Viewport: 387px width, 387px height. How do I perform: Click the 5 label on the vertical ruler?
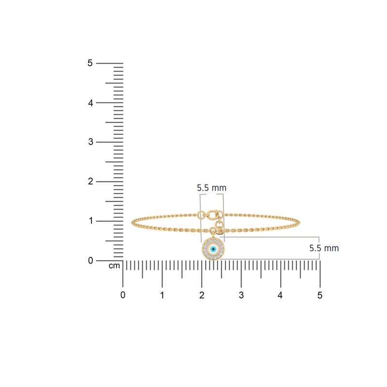click(89, 63)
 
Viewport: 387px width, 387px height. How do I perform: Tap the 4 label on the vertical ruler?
click(89, 103)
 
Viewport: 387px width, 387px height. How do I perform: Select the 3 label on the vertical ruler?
click(89, 142)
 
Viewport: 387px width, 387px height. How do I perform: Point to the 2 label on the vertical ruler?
click(89, 181)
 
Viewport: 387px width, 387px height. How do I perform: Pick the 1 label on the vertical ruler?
click(89, 221)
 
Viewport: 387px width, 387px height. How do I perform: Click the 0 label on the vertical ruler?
click(89, 260)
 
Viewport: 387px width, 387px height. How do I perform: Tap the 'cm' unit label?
click(114, 266)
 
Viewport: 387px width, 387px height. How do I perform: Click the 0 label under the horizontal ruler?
click(123, 295)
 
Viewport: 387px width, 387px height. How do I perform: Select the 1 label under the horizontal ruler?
click(162, 295)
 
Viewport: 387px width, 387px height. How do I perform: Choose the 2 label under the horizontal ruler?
click(202, 295)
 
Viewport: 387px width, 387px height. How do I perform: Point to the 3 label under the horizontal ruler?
click(241, 295)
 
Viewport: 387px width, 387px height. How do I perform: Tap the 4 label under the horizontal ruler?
click(281, 295)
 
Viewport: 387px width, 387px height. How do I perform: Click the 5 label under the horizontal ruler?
click(320, 295)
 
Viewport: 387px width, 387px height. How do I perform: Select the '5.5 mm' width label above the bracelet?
click(211, 188)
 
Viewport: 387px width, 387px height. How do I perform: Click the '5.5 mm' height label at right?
click(324, 248)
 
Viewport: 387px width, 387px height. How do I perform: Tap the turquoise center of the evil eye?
click(213, 249)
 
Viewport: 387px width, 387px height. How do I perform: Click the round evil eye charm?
click(213, 249)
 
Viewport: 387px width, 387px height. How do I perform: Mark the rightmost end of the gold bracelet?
click(300, 223)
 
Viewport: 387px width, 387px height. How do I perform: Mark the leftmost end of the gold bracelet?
click(132, 223)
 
